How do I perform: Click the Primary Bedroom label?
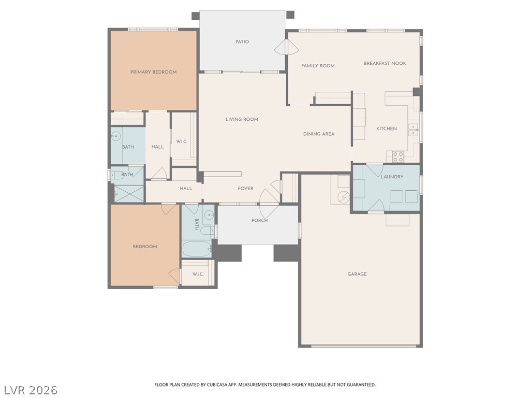153,72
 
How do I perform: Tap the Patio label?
242,41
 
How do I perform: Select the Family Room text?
318,66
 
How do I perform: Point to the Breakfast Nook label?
385,63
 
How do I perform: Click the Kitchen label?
386,129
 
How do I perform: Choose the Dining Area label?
318,134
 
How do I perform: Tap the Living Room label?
242,120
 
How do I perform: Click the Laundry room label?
392,177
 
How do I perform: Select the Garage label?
357,274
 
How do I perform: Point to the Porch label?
259,220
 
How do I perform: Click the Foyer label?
245,189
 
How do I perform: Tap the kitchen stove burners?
398,157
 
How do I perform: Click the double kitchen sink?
413,130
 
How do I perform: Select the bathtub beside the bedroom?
197,249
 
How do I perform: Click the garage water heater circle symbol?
344,197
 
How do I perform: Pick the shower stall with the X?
129,194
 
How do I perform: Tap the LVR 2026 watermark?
29,390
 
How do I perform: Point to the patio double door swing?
286,47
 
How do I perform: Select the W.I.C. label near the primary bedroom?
182,141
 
